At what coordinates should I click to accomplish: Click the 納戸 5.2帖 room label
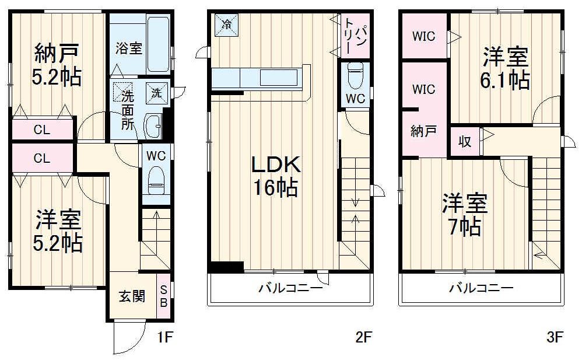pos(57,65)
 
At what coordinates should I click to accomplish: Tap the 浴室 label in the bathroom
pos(129,48)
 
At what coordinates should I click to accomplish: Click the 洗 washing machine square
pos(157,91)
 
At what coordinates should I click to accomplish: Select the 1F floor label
pos(164,337)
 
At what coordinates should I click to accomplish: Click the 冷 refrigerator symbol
pos(226,24)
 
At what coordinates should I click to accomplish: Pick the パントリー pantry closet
pos(355,35)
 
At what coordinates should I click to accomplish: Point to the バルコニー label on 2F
pos(290,288)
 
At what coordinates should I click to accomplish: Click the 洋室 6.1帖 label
pos(505,68)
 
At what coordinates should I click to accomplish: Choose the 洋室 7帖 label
pos(464,214)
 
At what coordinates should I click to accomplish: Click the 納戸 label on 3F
pos(423,132)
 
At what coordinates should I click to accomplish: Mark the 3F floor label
pos(554,337)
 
